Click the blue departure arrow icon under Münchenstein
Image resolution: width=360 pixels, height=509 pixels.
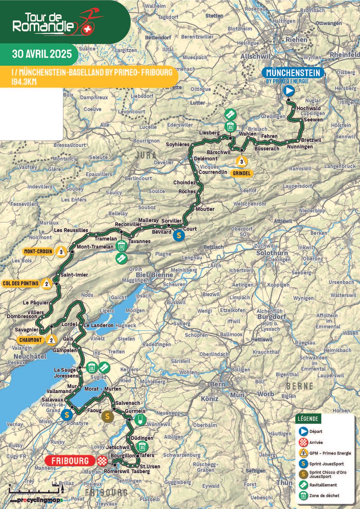[x=289, y=91]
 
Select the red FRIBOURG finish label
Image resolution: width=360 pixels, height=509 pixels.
[x=70, y=460]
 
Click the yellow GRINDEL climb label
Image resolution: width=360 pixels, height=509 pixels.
[x=242, y=173]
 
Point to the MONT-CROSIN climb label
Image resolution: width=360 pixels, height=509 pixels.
[x=38, y=251]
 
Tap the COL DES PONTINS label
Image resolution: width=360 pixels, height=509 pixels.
[x=21, y=283]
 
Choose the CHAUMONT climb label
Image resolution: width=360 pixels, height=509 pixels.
[x=31, y=340]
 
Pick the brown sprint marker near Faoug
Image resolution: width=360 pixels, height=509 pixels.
[x=108, y=417]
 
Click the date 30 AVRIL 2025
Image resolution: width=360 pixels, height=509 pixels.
[x=42, y=54]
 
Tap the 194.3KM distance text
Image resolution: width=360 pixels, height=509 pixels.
[x=24, y=82]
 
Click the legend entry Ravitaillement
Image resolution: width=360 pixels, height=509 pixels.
[x=323, y=485]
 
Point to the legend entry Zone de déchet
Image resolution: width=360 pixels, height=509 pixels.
[x=324, y=496]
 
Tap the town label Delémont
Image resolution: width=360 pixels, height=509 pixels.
[x=206, y=159]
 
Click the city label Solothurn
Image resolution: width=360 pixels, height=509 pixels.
[x=272, y=253]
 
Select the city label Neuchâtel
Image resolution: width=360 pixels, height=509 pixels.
[x=30, y=356]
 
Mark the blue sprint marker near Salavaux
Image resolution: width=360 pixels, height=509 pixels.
[x=67, y=415]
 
